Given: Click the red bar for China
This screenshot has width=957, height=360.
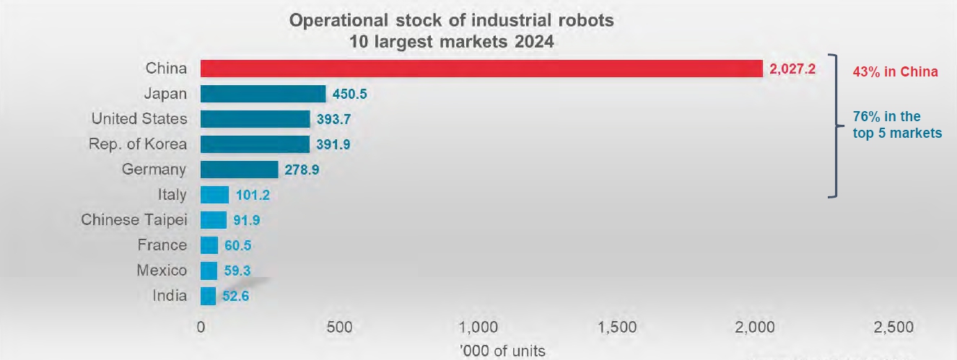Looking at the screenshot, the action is (x=481, y=69).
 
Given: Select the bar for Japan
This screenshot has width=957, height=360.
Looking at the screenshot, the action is (x=263, y=94).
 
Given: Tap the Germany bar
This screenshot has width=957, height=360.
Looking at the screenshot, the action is (x=240, y=170).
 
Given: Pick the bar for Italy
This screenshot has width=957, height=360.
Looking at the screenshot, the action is (x=214, y=195).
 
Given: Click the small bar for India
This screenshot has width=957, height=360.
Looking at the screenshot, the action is (x=208, y=296).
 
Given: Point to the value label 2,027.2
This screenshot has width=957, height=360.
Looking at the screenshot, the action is (x=792, y=69).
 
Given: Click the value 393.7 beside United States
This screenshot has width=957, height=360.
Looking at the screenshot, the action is (x=333, y=119).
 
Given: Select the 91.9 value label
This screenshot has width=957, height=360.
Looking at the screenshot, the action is (x=247, y=220).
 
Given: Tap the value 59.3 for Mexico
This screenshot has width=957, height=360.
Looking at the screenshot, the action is (x=237, y=271).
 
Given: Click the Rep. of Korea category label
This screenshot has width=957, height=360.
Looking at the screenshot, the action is (x=138, y=144).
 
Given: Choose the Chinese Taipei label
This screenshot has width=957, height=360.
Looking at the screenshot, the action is (x=134, y=220).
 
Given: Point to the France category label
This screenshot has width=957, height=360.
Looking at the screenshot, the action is (x=162, y=245).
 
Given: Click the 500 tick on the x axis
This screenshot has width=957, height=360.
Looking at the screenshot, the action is (x=340, y=328).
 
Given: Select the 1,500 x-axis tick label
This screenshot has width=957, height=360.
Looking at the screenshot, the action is (x=617, y=328).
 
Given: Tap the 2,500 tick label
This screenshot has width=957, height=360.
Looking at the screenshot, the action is (x=893, y=328).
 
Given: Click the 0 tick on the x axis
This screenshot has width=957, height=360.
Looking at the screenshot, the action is (x=201, y=328).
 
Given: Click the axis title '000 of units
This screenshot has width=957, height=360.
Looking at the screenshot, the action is (x=502, y=351).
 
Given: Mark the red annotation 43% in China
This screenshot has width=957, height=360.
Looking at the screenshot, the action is (x=896, y=71).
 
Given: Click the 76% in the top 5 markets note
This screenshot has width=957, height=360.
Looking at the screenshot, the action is (x=897, y=125).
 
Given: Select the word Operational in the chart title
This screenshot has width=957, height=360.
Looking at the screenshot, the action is (x=338, y=21).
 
